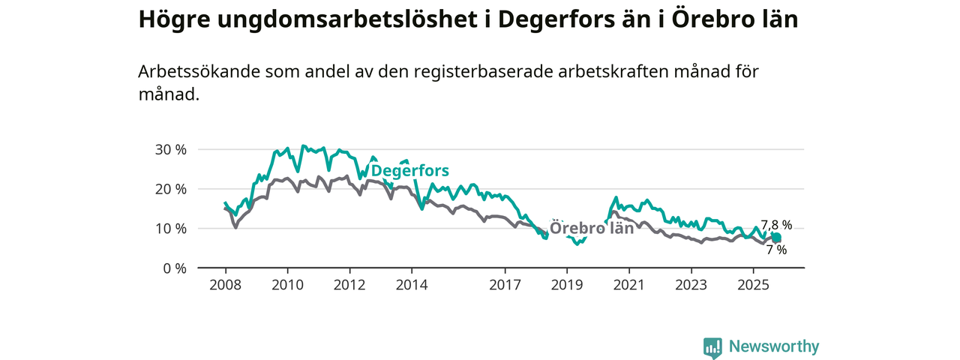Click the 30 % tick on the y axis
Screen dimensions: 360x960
point(171,149)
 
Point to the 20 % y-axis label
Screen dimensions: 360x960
point(171,189)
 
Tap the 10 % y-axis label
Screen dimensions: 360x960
point(171,228)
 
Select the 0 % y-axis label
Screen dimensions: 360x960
point(174,268)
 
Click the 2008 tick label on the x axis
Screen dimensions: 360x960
point(226,285)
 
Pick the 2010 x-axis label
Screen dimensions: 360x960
point(287,285)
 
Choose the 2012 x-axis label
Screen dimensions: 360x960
point(349,285)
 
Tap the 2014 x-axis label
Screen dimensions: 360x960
point(412,285)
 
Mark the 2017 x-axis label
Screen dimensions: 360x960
point(505,285)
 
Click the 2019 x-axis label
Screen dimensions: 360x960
point(567,285)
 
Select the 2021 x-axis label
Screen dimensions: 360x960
point(628,285)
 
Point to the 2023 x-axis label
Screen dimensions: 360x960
point(691,285)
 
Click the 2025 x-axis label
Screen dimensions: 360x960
point(753,285)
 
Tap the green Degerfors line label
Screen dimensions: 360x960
point(410,171)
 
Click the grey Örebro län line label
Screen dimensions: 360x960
point(592,228)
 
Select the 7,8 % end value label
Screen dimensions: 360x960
point(776,224)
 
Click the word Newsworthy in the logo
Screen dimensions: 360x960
point(774,346)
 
